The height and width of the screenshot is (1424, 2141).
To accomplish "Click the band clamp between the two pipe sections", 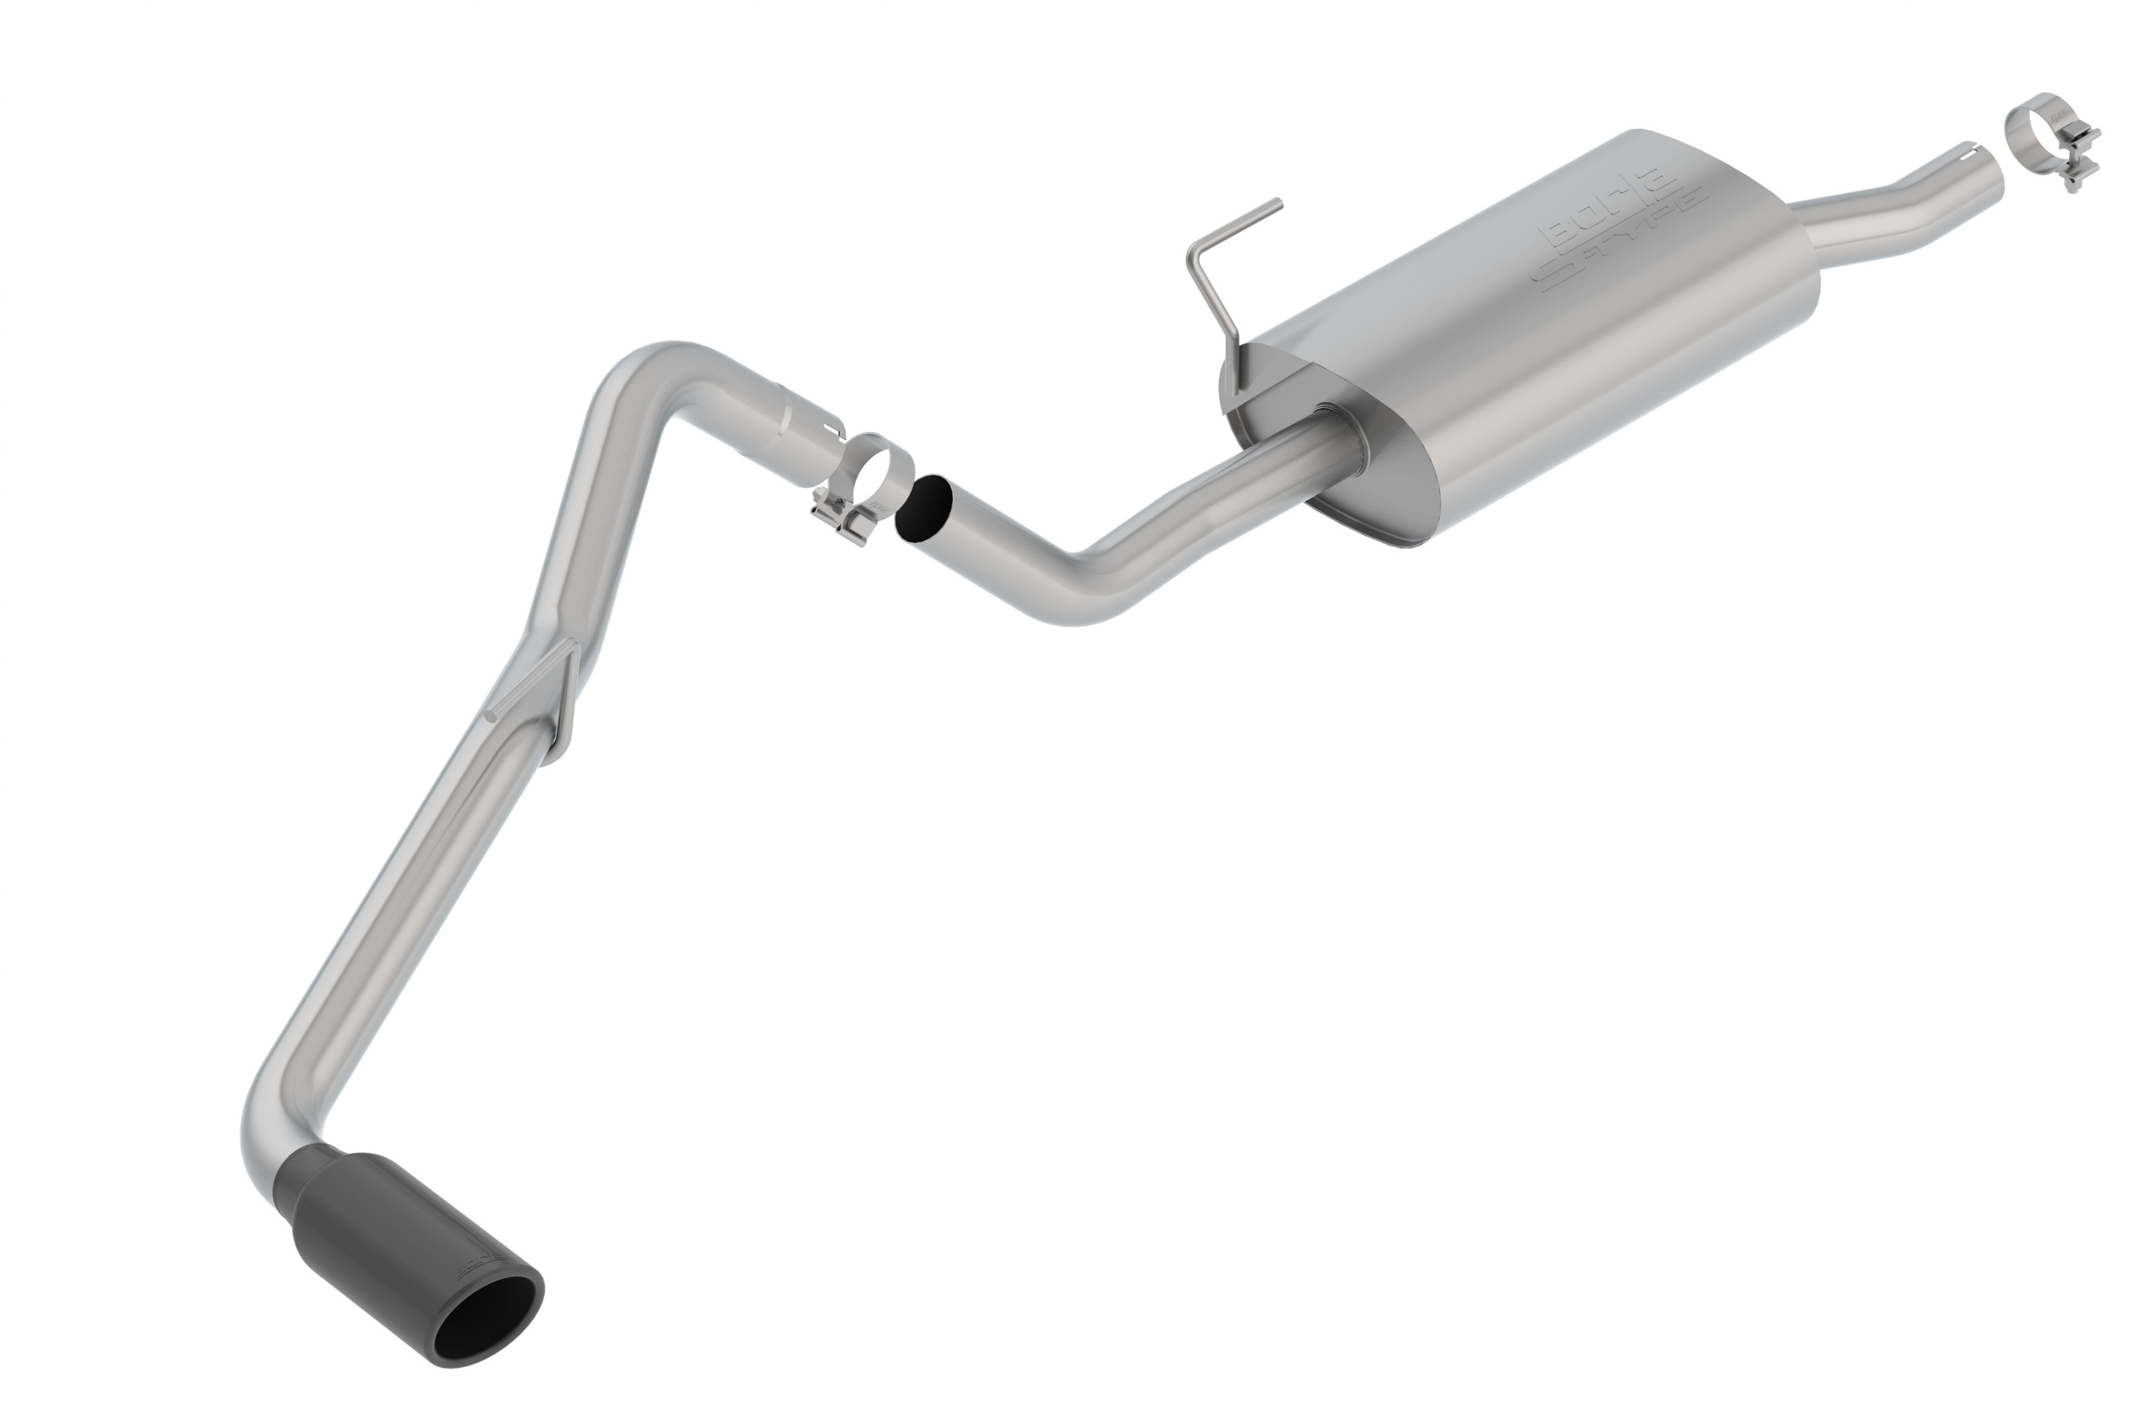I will click(x=872, y=472).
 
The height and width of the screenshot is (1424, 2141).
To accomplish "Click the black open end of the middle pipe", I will click(x=922, y=511).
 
